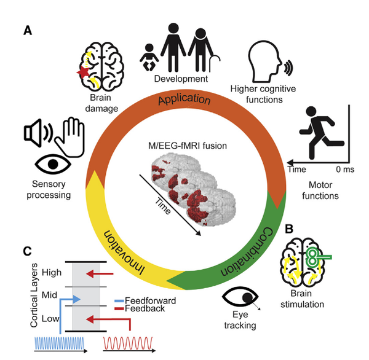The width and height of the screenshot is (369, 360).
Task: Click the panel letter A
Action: (x=28, y=31)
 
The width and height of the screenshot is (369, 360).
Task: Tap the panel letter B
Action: (x=289, y=229)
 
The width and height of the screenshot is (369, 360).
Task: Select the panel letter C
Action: (x=27, y=251)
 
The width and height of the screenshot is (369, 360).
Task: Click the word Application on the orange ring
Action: (x=184, y=99)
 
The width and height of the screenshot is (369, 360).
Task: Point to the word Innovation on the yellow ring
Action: (x=124, y=252)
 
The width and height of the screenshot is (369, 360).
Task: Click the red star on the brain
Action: (x=83, y=72)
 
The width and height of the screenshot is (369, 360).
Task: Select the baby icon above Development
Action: (x=149, y=58)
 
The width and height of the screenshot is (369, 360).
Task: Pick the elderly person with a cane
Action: (x=204, y=50)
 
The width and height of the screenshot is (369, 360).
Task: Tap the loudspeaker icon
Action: (x=38, y=133)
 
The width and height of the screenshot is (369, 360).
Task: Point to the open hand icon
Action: (x=70, y=137)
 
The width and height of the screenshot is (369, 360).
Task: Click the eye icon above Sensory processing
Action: (x=53, y=164)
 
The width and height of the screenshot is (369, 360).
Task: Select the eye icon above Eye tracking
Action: (x=240, y=297)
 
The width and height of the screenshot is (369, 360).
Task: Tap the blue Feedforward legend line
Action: (x=119, y=301)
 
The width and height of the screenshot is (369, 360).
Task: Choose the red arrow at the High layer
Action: (x=100, y=274)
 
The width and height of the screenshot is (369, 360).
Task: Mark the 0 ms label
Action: (x=345, y=170)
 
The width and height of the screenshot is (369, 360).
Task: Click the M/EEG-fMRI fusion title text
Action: (x=188, y=146)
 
